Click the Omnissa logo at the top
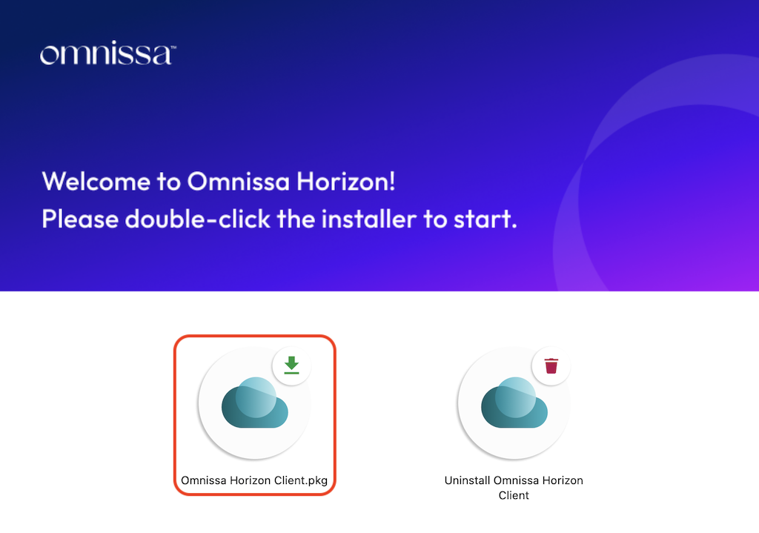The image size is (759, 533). click(107, 53)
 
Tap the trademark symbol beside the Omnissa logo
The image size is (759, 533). click(173, 47)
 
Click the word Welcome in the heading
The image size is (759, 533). click(96, 182)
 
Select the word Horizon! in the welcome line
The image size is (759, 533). click(345, 182)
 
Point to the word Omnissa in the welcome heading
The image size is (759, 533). click(238, 182)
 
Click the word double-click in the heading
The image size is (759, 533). click(197, 219)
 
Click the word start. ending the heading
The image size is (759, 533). click(485, 219)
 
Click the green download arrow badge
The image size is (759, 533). click(291, 365)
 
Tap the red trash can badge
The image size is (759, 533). click(551, 365)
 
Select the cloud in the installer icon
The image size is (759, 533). click(255, 403)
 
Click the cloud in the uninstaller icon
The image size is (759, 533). click(514, 403)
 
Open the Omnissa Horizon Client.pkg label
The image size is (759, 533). click(254, 480)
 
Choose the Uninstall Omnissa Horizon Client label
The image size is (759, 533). click(514, 488)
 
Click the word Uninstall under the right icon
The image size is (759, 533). click(467, 480)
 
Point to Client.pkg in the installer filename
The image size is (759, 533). click(301, 480)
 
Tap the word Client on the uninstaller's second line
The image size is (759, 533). click(514, 495)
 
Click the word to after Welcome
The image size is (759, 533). click(169, 182)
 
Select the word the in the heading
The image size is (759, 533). click(296, 219)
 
